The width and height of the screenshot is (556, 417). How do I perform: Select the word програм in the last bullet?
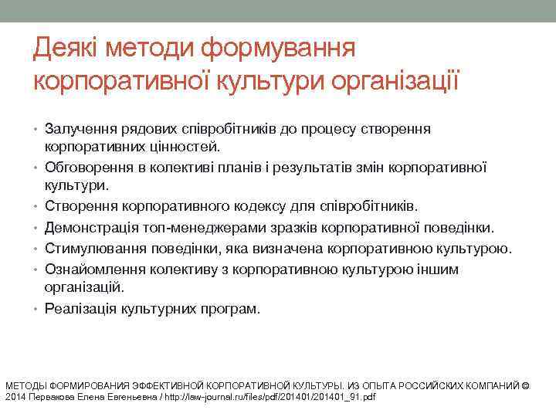[x=233, y=309]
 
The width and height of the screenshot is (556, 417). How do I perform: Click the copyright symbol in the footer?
[x=526, y=385]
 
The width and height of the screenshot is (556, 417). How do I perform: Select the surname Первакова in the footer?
[x=51, y=397]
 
